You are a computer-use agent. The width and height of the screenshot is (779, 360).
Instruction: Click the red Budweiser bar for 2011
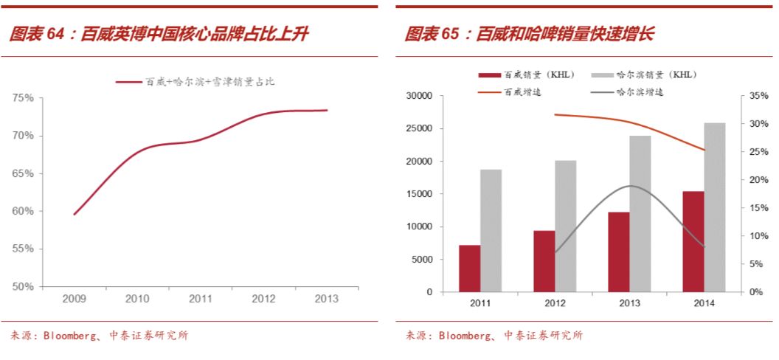click(x=470, y=269)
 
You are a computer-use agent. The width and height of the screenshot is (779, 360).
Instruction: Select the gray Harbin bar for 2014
click(x=715, y=207)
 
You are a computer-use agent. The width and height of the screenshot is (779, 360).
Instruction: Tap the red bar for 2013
click(x=619, y=252)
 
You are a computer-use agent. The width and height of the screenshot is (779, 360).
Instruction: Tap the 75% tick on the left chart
click(x=23, y=97)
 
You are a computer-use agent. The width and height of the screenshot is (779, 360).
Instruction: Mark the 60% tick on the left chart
click(x=23, y=211)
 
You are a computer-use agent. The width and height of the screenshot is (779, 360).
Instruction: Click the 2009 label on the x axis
click(x=74, y=299)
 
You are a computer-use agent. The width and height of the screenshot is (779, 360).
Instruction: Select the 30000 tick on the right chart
click(x=418, y=96)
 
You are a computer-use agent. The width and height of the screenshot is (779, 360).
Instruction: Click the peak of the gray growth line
click(x=629, y=186)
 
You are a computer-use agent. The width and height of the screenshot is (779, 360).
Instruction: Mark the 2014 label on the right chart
click(x=704, y=303)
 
